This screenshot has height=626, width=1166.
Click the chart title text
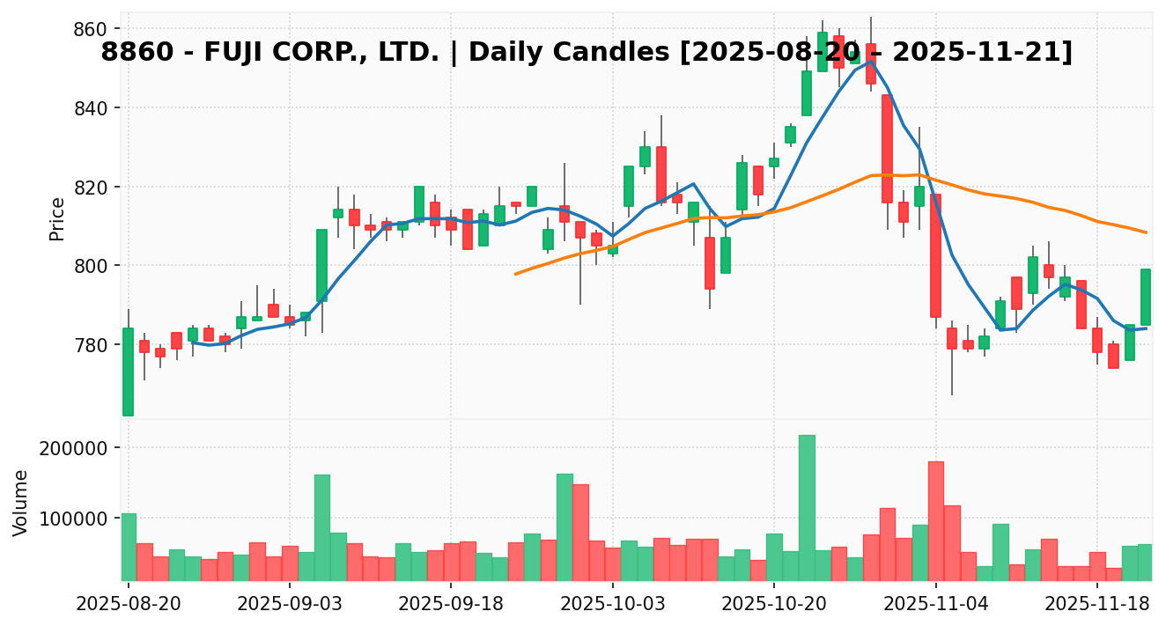tap(587, 53)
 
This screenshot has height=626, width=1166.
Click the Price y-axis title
tap(57, 218)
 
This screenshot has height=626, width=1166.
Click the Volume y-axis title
tap(21, 502)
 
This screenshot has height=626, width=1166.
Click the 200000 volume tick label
tap(73, 448)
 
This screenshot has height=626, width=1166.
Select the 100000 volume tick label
tap(73, 519)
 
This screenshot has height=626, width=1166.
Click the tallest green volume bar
tap(807, 508)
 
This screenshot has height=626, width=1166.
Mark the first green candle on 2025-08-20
tap(129, 372)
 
